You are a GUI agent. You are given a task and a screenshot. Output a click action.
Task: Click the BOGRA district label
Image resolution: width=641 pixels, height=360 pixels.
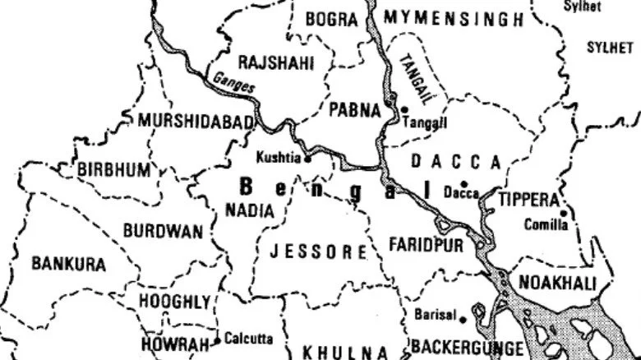point(332,19)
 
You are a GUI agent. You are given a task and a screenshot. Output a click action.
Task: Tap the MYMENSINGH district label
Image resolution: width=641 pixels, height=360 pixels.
point(453,19)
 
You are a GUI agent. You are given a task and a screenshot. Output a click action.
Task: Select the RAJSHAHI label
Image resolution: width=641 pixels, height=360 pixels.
point(275,62)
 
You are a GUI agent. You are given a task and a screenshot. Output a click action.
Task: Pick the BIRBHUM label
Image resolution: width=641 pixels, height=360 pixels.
point(115,170)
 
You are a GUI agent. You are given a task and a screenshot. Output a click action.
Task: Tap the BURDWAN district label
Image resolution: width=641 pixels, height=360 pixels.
point(163,231)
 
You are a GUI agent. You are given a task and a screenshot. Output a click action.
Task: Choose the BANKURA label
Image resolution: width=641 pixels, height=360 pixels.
point(69,264)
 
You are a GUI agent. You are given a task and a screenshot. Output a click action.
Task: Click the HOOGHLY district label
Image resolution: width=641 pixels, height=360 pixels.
point(174,302)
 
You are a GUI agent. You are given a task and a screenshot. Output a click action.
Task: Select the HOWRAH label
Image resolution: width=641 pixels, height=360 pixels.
point(174,344)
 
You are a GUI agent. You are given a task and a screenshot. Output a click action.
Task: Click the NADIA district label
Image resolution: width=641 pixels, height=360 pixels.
point(249,210)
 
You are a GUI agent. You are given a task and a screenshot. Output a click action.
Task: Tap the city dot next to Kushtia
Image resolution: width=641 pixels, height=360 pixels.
point(308,158)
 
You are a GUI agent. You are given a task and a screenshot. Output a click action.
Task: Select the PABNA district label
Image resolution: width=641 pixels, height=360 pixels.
point(354,110)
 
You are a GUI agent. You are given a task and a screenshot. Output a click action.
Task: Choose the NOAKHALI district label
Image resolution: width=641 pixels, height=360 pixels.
point(556,283)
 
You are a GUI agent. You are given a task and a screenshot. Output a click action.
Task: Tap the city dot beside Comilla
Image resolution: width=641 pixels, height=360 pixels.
point(564,214)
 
